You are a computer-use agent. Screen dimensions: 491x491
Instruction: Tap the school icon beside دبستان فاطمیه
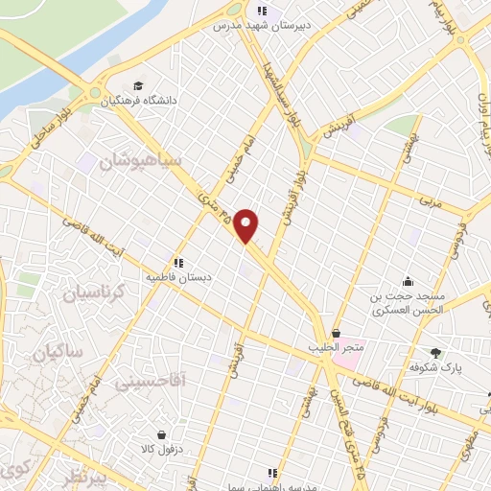point(177,263)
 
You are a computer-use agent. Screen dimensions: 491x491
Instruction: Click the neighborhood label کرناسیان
point(96,294)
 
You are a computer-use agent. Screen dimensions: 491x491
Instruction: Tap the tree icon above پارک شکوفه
point(436,352)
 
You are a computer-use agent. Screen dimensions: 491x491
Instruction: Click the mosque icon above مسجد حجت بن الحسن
point(408,281)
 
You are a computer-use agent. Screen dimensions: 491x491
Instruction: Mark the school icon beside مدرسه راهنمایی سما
point(273,473)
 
